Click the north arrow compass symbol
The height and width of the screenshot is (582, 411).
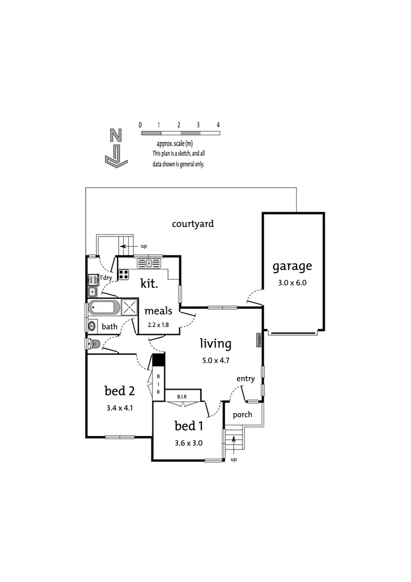[x=115, y=149]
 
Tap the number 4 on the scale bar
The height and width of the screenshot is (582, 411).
[x=218, y=125]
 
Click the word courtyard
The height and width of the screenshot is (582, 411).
[x=192, y=224]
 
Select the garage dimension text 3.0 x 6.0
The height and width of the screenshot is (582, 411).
[x=292, y=282]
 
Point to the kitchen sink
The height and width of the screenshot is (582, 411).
[x=149, y=263]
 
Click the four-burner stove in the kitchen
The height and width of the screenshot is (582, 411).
[x=124, y=274]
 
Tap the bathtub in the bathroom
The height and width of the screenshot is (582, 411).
[x=105, y=308]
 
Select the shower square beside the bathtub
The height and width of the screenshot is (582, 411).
[x=129, y=308]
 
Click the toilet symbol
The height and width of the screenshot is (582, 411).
[x=92, y=343]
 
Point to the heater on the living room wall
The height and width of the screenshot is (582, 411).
[x=259, y=339]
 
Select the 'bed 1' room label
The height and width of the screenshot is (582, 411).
[x=189, y=426]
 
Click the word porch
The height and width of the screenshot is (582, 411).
[x=242, y=415]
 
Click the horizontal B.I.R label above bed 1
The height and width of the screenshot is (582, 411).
[x=182, y=397]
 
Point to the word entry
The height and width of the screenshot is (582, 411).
[x=245, y=379]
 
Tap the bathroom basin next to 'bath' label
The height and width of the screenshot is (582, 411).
[x=92, y=326]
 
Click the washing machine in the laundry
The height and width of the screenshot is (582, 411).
[x=92, y=279]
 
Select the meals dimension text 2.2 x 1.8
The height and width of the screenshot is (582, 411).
[x=158, y=325]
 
